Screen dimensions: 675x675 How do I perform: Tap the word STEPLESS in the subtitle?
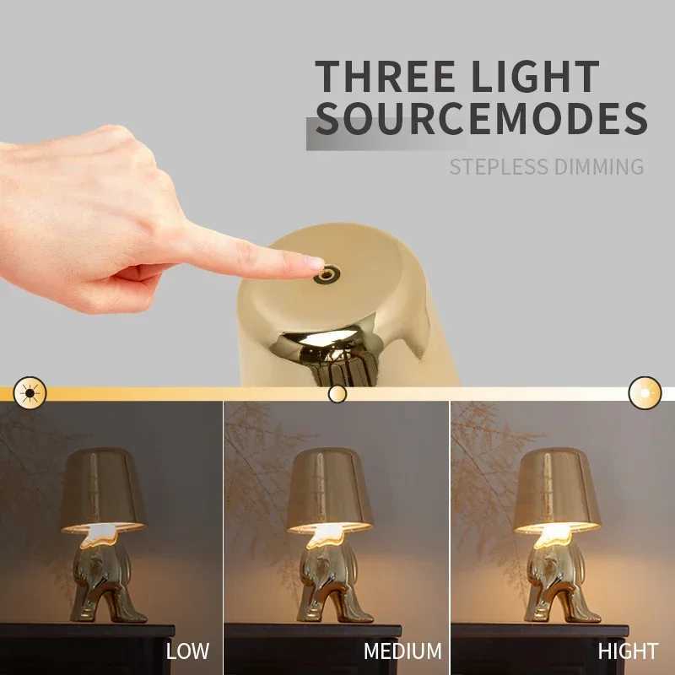(x=499, y=166)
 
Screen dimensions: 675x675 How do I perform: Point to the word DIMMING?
(x=600, y=166)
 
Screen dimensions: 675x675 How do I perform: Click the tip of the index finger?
(x=312, y=264)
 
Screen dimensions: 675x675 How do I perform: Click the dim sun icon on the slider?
(x=30, y=392)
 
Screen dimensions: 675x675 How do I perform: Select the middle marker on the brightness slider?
(x=337, y=393)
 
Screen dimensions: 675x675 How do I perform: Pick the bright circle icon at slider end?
(x=645, y=392)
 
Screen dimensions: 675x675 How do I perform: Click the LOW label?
(x=187, y=651)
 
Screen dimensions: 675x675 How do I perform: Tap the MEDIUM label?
(x=402, y=651)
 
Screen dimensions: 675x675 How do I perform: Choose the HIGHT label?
(x=628, y=651)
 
